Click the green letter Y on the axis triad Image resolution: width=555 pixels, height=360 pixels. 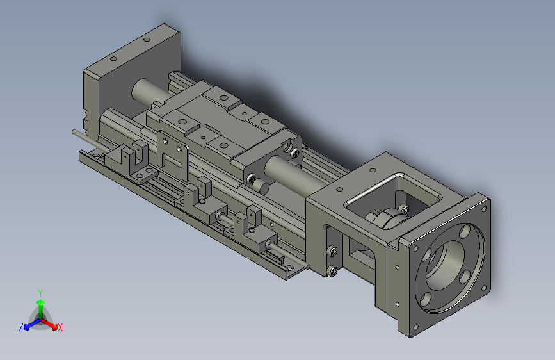point(40,293)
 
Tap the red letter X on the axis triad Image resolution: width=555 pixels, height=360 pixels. point(60,328)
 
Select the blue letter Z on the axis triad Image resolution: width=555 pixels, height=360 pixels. point(21,327)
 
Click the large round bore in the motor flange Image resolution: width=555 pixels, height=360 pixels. point(446,265)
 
